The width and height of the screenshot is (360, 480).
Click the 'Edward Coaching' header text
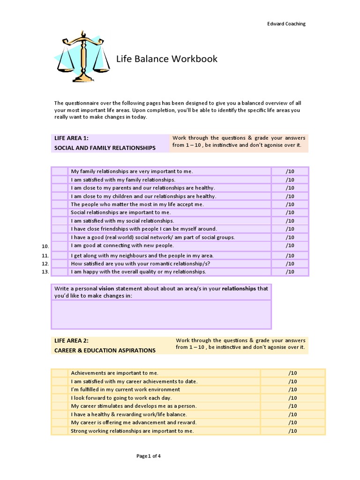286,24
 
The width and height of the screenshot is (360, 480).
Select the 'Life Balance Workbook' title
167,59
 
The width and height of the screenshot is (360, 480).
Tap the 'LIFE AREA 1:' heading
72,138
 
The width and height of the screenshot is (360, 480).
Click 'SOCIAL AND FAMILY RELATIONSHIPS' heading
105,148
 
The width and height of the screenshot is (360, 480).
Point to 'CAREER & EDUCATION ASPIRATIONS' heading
105,350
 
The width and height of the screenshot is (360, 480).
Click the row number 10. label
45,246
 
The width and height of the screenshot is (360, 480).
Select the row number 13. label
45,272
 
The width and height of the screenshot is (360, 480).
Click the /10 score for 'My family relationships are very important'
290,172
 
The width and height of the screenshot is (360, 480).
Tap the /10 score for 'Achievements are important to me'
292,373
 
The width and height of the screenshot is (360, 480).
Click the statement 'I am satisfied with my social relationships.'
122,221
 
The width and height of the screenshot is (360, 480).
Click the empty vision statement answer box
161,314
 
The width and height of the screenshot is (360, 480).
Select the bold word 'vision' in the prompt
106,289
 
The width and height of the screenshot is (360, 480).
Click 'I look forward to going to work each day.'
121,398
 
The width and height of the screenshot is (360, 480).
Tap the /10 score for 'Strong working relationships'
292,431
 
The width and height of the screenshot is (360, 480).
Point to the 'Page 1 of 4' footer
149,456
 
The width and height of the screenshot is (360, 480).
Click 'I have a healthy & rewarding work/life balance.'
129,414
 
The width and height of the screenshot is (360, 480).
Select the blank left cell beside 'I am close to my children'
60,196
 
